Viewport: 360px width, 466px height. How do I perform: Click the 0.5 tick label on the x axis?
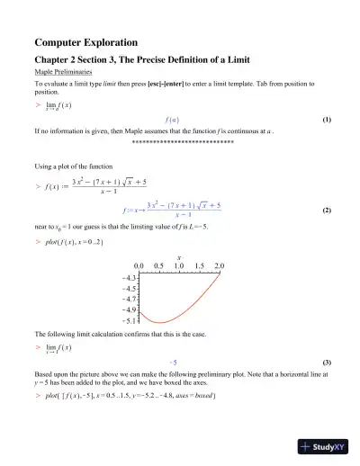[x=159, y=267]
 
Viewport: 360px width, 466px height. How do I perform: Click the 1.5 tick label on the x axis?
[x=200, y=267]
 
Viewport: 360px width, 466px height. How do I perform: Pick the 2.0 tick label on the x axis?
[x=220, y=267]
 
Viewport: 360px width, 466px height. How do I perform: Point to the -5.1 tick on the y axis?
[x=125, y=319]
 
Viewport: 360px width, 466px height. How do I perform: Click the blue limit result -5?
[x=172, y=360]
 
